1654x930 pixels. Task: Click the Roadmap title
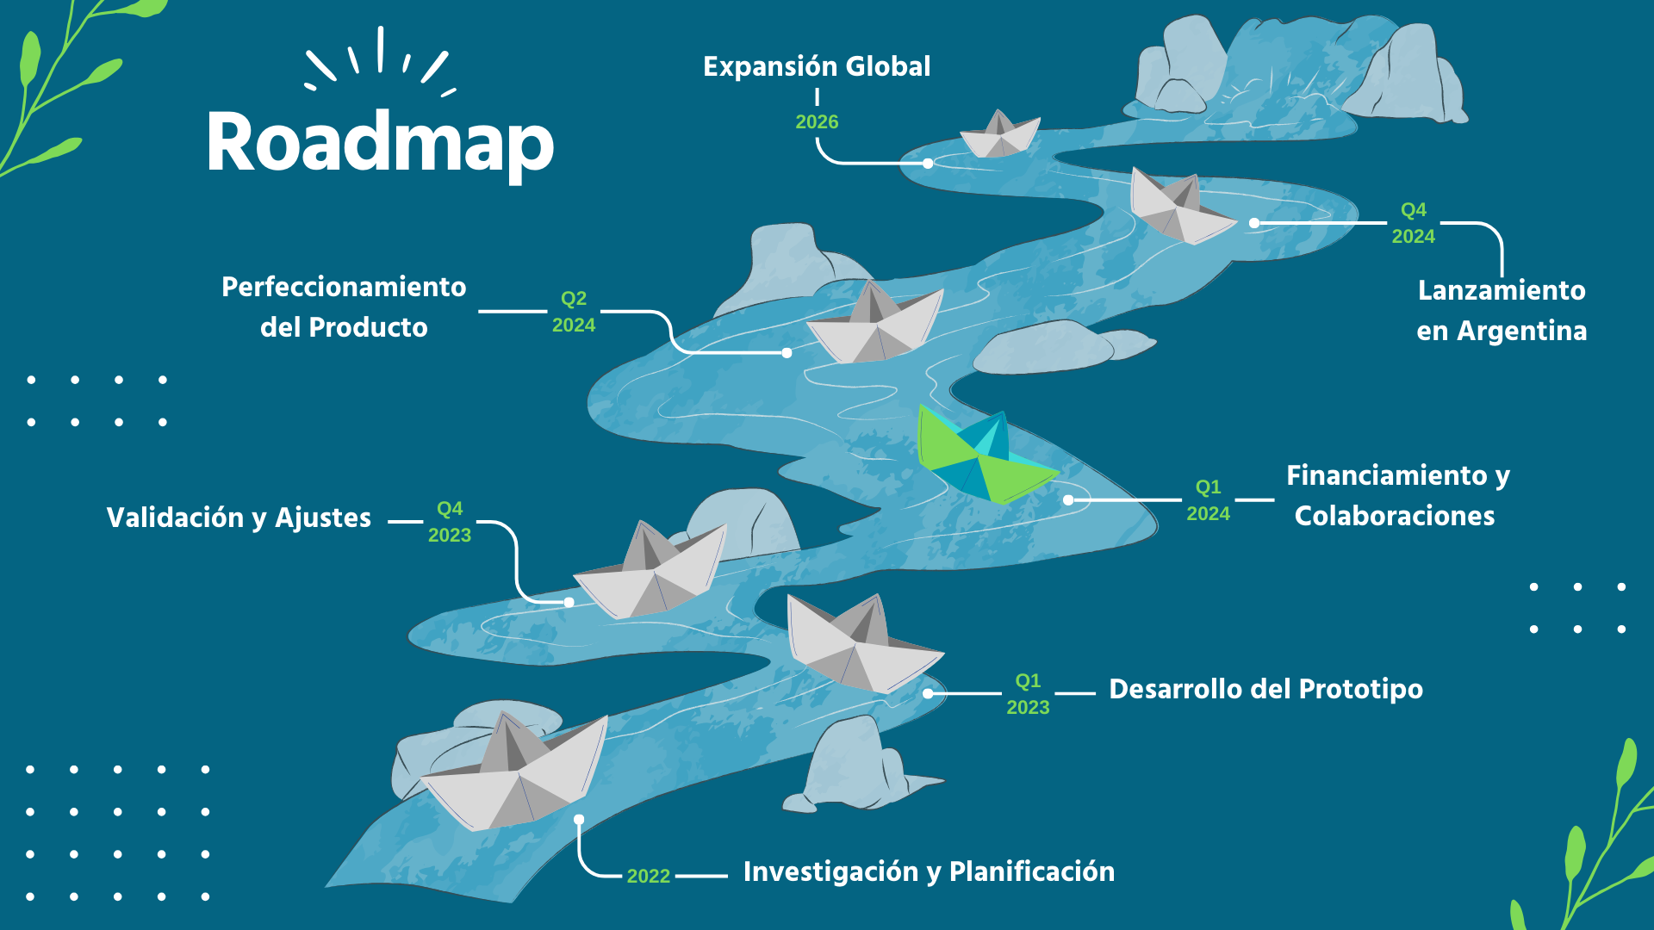[380, 143]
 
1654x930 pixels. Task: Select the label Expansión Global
[817, 66]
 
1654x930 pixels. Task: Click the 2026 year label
[817, 121]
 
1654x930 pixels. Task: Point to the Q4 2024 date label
[1414, 223]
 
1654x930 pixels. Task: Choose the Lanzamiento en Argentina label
[1502, 310]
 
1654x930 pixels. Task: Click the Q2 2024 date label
[574, 312]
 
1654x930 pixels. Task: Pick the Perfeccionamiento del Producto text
[344, 307]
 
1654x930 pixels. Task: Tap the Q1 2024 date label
[1209, 500]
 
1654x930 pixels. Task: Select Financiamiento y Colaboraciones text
[1397, 495]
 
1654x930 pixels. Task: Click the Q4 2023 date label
[450, 522]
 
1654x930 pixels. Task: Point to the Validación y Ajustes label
[239, 518]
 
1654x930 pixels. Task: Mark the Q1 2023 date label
[1029, 694]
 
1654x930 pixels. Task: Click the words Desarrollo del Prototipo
[1265, 689]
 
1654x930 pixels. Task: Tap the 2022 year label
[649, 876]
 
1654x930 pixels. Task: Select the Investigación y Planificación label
[929, 871]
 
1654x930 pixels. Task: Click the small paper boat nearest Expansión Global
[999, 134]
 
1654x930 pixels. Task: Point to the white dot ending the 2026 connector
[928, 163]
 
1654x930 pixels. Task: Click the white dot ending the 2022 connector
[579, 820]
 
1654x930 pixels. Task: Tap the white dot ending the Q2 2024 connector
[787, 353]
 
